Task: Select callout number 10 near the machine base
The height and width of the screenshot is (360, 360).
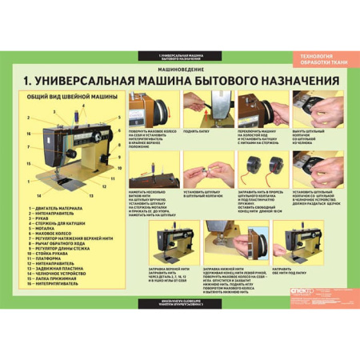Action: click(x=120, y=168)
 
